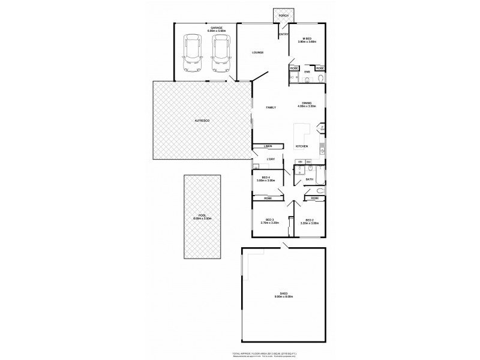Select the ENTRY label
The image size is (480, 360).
284,34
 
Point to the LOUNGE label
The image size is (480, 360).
258,53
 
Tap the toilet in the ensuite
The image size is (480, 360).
321,79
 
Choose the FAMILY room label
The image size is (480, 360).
271,107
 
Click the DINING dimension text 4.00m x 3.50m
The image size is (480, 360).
307,107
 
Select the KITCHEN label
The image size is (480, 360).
302,146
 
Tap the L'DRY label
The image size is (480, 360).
271,159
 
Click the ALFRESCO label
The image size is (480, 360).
202,121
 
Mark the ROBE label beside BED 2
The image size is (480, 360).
314,198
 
